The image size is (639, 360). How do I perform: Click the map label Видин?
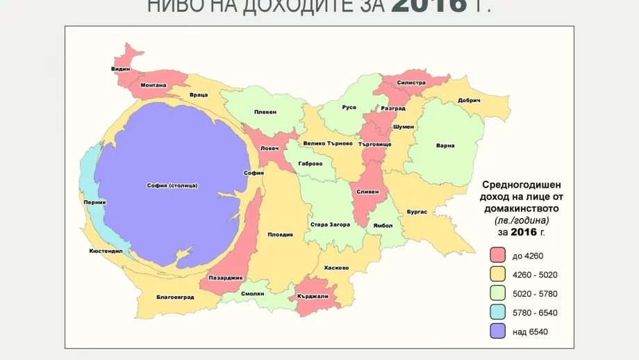point(120,69)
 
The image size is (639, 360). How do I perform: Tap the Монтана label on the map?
point(153,85)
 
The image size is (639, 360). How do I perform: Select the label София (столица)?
point(172,186)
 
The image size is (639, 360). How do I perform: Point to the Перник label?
point(94,203)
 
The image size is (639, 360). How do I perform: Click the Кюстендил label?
point(106,251)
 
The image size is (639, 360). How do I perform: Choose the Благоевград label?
point(174,297)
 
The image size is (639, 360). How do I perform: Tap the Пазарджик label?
point(226,278)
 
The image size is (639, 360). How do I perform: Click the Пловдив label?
point(280,234)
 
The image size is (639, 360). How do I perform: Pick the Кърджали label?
point(313,296)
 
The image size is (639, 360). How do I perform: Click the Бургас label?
point(417,211)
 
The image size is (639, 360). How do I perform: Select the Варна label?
point(445,145)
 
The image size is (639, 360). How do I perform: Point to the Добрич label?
point(470,100)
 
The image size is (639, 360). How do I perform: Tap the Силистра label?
point(410,82)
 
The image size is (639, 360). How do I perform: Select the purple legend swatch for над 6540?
point(497,332)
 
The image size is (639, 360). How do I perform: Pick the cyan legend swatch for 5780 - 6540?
point(497,313)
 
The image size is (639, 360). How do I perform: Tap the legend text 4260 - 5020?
point(534,275)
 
